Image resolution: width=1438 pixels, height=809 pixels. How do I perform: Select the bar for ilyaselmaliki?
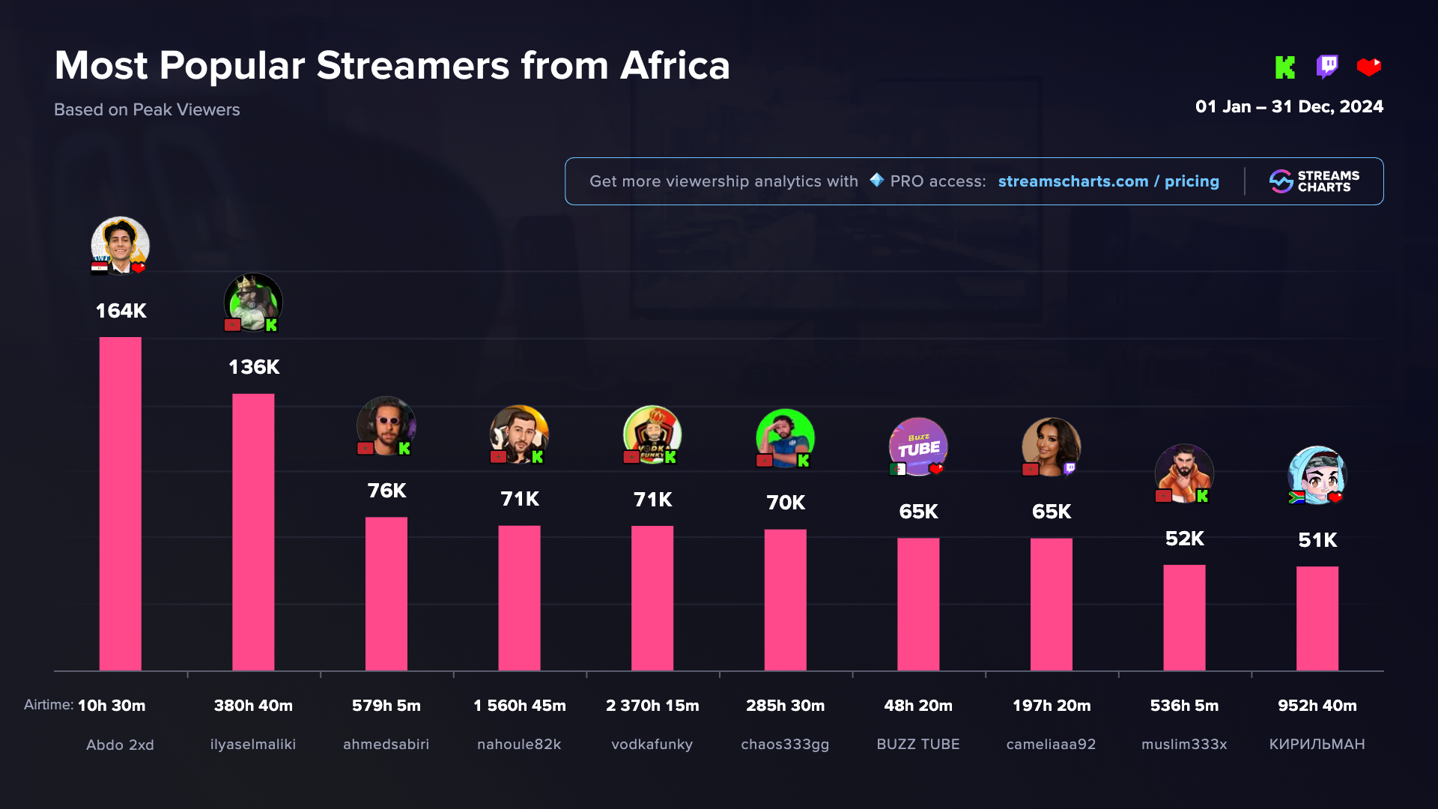(x=253, y=532)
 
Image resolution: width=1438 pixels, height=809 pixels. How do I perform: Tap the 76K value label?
(x=386, y=491)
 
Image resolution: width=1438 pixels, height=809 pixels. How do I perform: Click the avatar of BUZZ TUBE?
(x=918, y=446)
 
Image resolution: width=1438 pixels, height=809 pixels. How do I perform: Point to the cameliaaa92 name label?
(x=1051, y=745)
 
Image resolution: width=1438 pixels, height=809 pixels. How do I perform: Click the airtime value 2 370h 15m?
(x=652, y=706)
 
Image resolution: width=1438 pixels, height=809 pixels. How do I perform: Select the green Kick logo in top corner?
(x=1285, y=67)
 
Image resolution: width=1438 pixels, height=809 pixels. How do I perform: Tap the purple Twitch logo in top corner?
(x=1327, y=67)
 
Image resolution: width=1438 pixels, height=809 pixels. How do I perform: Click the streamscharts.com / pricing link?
(x=1108, y=181)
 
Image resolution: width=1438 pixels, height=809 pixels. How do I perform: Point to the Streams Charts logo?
(x=1314, y=181)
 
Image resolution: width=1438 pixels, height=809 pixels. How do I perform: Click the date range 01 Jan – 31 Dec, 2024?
(x=1289, y=106)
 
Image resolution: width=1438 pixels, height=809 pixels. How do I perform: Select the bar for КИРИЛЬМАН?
(x=1317, y=618)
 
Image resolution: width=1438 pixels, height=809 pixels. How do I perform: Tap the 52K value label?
(x=1185, y=539)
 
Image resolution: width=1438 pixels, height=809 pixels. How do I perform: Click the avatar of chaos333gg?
(x=785, y=437)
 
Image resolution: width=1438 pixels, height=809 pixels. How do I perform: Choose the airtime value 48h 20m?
(x=918, y=706)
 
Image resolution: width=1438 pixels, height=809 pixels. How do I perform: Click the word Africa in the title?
(x=675, y=66)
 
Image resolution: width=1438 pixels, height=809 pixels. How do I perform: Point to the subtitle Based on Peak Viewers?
(x=147, y=109)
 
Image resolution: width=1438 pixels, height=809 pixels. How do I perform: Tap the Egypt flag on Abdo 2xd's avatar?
(x=100, y=267)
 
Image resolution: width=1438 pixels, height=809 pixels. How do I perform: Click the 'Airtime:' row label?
(x=49, y=705)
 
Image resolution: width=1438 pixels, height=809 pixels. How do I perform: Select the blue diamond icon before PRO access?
(x=876, y=180)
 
